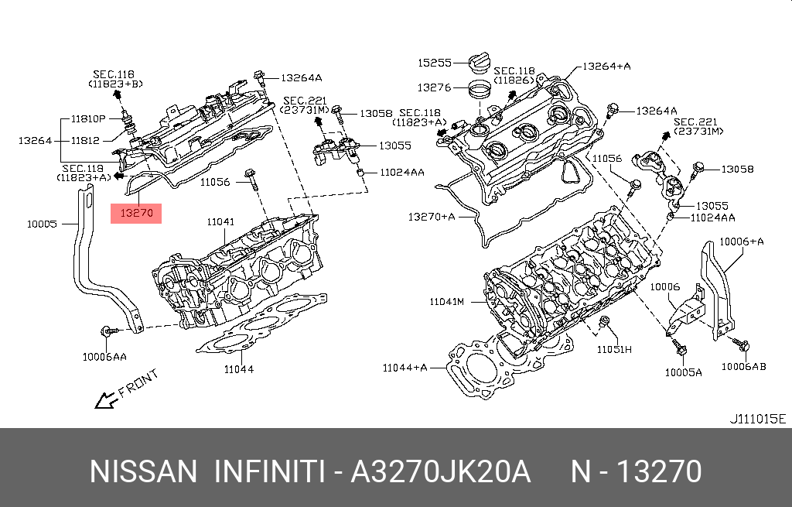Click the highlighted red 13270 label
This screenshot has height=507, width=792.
136,214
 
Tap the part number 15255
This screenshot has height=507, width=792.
435,63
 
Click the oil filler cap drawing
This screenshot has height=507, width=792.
480,63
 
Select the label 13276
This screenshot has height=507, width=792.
435,87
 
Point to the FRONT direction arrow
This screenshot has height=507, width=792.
106,400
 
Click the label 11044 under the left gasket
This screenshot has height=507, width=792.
239,369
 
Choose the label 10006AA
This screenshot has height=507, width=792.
104,357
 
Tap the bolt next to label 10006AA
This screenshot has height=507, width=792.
109,331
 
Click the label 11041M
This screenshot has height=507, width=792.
446,302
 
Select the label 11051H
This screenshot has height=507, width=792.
614,349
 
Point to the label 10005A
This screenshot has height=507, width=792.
684,372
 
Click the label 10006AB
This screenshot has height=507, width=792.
743,366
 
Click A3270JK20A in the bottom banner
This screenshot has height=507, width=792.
440,471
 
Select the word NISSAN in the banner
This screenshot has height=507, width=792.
143,471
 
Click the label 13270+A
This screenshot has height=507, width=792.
432,217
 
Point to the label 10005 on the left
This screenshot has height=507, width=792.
42,224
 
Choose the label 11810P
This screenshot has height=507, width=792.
88,119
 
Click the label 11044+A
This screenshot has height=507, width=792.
405,368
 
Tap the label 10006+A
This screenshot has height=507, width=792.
742,242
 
